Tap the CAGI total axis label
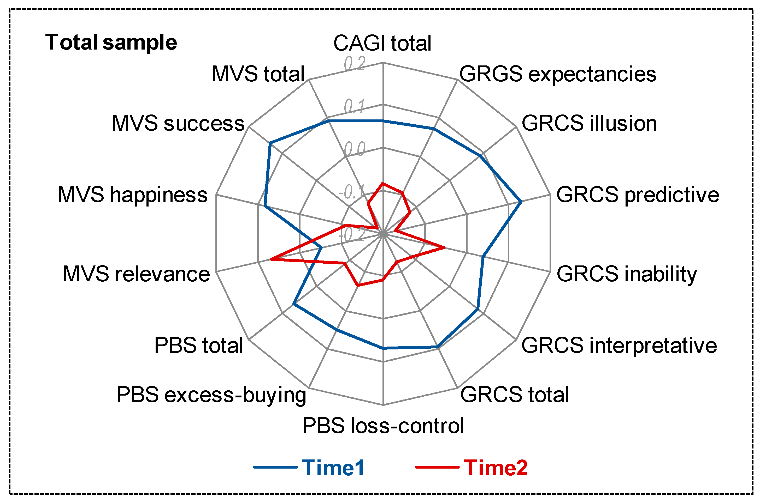click(x=382, y=43)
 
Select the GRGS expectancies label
click(x=557, y=74)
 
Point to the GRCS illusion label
click(x=589, y=124)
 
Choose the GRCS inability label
click(x=626, y=274)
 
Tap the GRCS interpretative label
click(x=619, y=346)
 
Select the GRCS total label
click(x=514, y=395)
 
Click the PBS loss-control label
click(x=383, y=426)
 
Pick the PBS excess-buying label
click(x=211, y=395)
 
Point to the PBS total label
click(x=198, y=346)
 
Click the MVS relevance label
click(x=136, y=274)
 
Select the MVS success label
click(x=178, y=124)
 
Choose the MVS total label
click(x=258, y=74)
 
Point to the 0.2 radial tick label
click(x=355, y=63)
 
